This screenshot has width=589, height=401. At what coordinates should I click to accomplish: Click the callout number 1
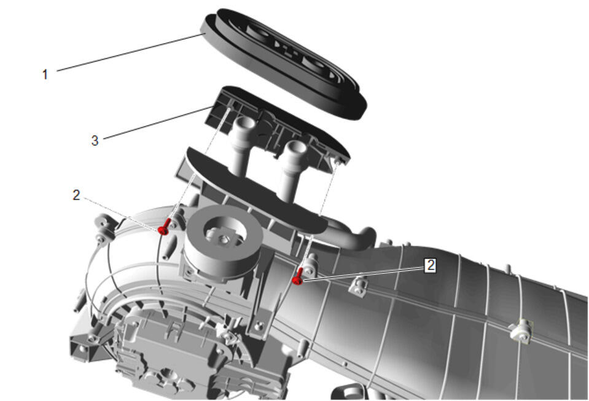tap(45, 74)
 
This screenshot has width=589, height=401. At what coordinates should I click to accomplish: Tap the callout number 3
tap(95, 141)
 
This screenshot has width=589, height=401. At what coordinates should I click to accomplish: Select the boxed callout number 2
tap(431, 265)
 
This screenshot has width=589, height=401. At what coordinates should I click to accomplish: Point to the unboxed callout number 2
tap(76, 195)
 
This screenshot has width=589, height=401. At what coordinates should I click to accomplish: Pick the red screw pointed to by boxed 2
tap(298, 277)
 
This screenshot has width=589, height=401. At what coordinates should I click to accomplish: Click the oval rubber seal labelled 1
tap(284, 64)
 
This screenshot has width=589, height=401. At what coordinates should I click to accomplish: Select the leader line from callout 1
tap(129, 52)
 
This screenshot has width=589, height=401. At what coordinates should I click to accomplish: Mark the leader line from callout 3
tap(157, 123)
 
